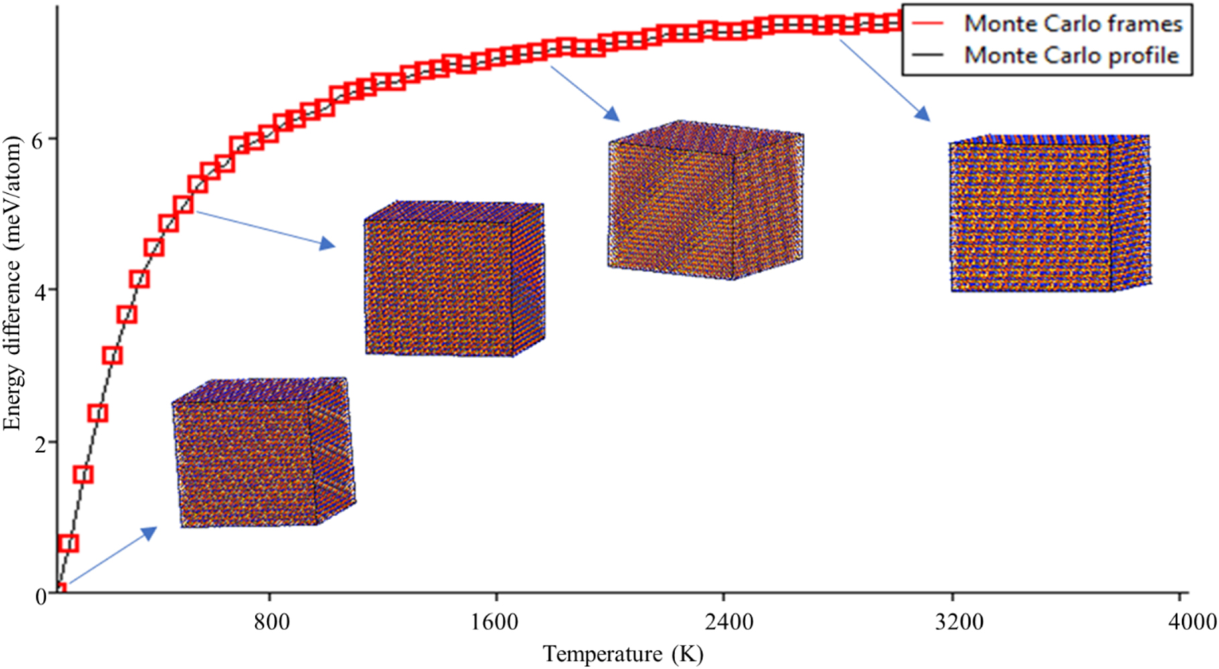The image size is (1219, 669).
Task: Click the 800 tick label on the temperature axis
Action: pyautogui.click(x=271, y=622)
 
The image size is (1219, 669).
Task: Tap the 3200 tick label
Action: pyautogui.click(x=959, y=622)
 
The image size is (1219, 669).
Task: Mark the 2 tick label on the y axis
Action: pyautogui.click(x=41, y=444)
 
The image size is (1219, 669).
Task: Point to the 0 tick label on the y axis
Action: pyautogui.click(x=41, y=596)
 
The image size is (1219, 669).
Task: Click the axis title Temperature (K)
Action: pyautogui.click(x=623, y=654)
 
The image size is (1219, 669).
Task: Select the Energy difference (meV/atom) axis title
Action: pyautogui.click(x=13, y=282)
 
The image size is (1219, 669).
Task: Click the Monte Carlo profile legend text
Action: pyautogui.click(x=1071, y=55)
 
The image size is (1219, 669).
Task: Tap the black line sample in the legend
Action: pyautogui.click(x=928, y=55)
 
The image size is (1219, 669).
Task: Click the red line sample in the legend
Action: pyautogui.click(x=928, y=23)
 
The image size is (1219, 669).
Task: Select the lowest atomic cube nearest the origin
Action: pyautogui.click(x=264, y=452)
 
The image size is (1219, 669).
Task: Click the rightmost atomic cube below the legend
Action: pyautogui.click(x=1050, y=213)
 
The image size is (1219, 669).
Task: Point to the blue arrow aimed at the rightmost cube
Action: pyautogui.click(x=884, y=80)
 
